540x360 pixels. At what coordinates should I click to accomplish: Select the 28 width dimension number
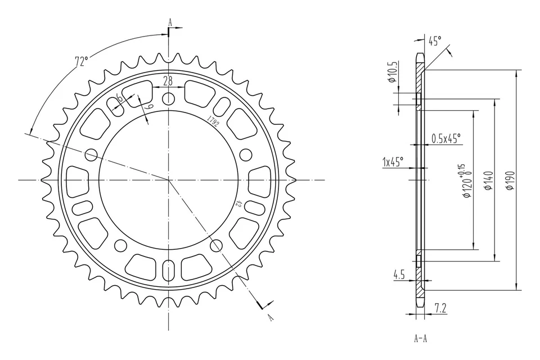click(x=168, y=80)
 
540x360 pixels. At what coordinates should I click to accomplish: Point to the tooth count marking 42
click(x=238, y=205)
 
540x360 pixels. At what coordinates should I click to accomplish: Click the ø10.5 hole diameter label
click(x=393, y=72)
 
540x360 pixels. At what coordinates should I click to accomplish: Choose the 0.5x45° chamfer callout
click(x=446, y=138)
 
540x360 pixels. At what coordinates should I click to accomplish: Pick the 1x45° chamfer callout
click(x=393, y=162)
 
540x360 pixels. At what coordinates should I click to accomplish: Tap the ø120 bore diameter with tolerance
click(x=465, y=181)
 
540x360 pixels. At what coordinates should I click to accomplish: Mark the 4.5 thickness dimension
click(x=399, y=275)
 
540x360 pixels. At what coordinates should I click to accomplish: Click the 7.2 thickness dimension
click(x=440, y=307)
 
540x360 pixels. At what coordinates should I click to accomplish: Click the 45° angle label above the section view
click(x=435, y=40)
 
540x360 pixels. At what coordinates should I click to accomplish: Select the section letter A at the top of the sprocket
click(x=169, y=23)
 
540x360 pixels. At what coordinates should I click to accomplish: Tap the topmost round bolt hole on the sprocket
click(x=168, y=100)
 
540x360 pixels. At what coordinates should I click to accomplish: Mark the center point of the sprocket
click(x=168, y=179)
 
